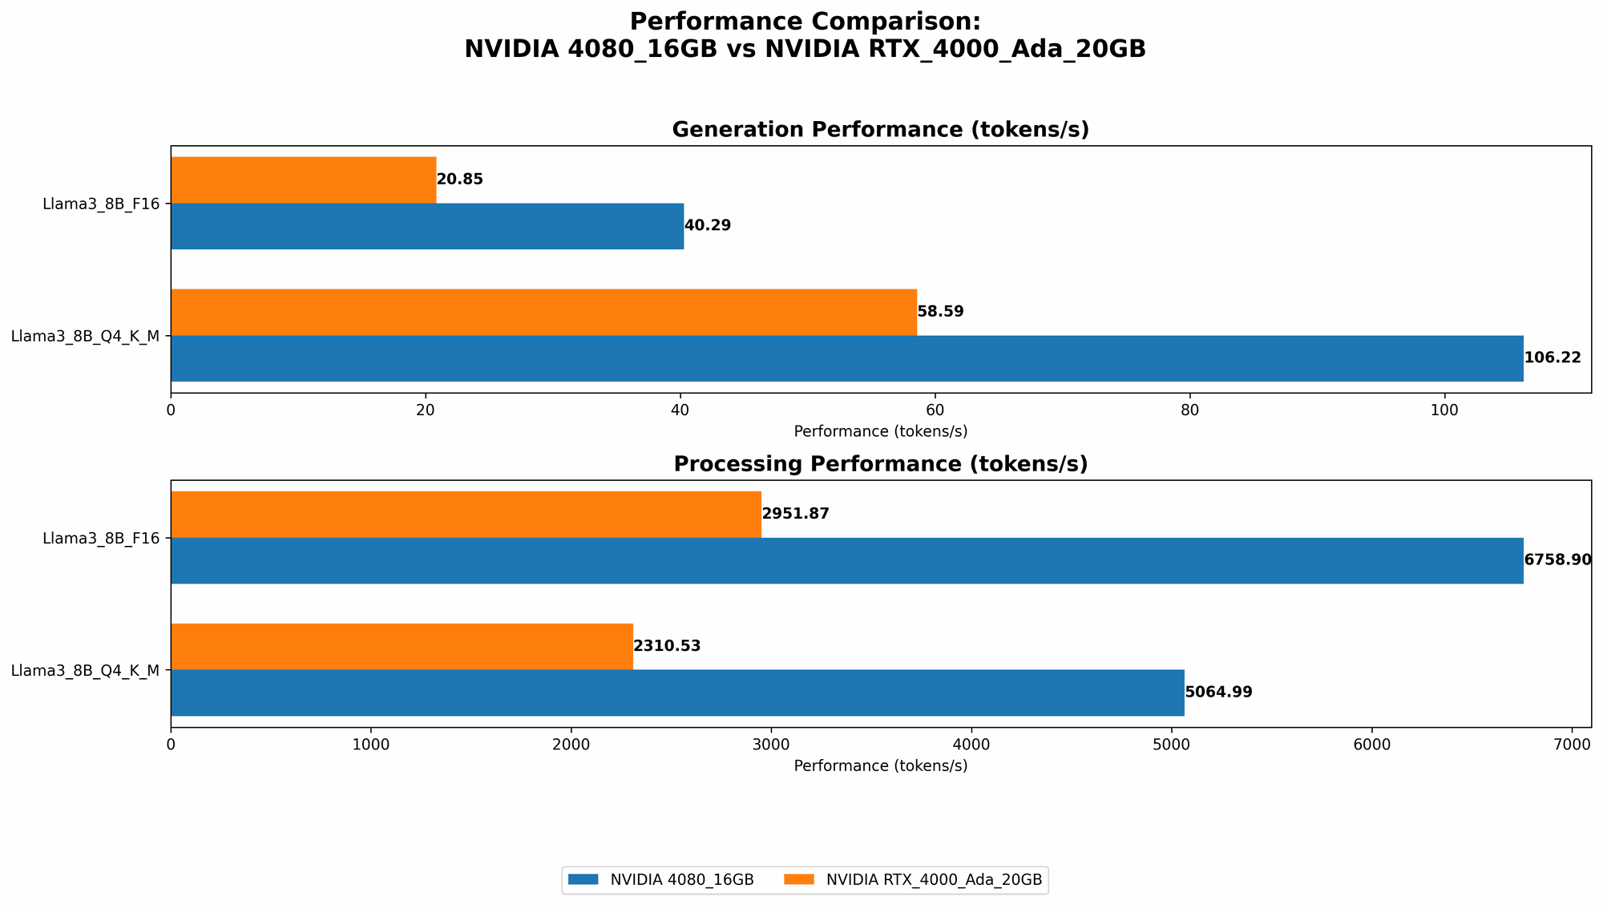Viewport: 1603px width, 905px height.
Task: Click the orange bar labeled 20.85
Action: pos(303,180)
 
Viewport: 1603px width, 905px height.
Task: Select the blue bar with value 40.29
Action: pos(426,226)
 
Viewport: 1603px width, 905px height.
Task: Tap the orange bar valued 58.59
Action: pos(543,312)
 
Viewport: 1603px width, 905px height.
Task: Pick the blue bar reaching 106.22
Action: pos(846,358)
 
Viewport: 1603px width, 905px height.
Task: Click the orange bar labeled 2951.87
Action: pos(466,514)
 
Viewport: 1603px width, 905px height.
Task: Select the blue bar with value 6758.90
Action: pos(846,560)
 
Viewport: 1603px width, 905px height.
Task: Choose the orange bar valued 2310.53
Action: pos(402,646)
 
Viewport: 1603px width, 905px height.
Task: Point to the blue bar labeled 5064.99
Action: pos(677,693)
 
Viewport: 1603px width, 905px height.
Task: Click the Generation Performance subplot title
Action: pos(880,130)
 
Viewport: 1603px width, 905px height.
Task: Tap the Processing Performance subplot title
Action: pos(880,464)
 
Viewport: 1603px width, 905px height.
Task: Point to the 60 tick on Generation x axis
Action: pos(935,410)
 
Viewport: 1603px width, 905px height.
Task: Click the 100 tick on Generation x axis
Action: pos(1444,410)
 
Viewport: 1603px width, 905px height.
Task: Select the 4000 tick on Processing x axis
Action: pos(971,744)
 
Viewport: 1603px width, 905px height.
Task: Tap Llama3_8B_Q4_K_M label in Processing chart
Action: pos(86,670)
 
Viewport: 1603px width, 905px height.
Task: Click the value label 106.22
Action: pos(1553,358)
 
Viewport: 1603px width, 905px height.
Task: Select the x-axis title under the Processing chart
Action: pos(880,766)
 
